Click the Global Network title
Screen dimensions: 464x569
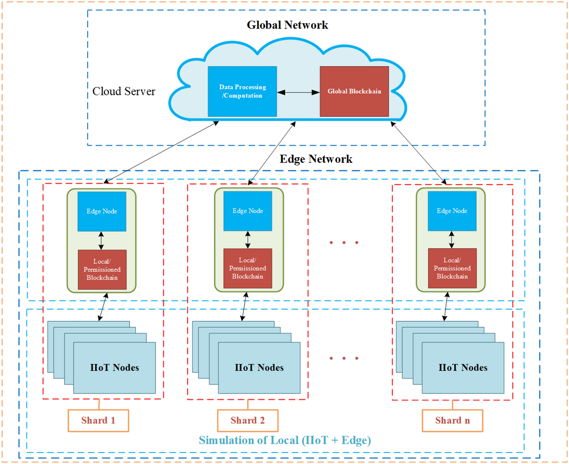287,25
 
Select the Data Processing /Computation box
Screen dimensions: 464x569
242,91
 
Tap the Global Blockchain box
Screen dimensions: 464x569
354,91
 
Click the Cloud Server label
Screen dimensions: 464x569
124,91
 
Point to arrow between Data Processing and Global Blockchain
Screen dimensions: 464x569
298,93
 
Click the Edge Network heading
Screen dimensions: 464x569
316,159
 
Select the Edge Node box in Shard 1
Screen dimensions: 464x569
102,211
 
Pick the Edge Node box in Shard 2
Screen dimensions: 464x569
248,211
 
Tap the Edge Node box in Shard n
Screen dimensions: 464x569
452,211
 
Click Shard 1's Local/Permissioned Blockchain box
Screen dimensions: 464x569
102,269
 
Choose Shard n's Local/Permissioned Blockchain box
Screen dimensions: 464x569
452,268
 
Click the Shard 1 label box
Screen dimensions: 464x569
98,420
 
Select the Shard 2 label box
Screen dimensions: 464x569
248,420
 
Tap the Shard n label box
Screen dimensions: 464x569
452,420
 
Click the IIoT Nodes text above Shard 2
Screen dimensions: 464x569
259,368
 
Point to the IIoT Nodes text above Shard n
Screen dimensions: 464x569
463,368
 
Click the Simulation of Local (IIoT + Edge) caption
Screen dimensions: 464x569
285,440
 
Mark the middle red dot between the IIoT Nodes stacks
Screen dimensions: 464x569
344,358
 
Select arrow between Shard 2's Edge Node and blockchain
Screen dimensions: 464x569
248,240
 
